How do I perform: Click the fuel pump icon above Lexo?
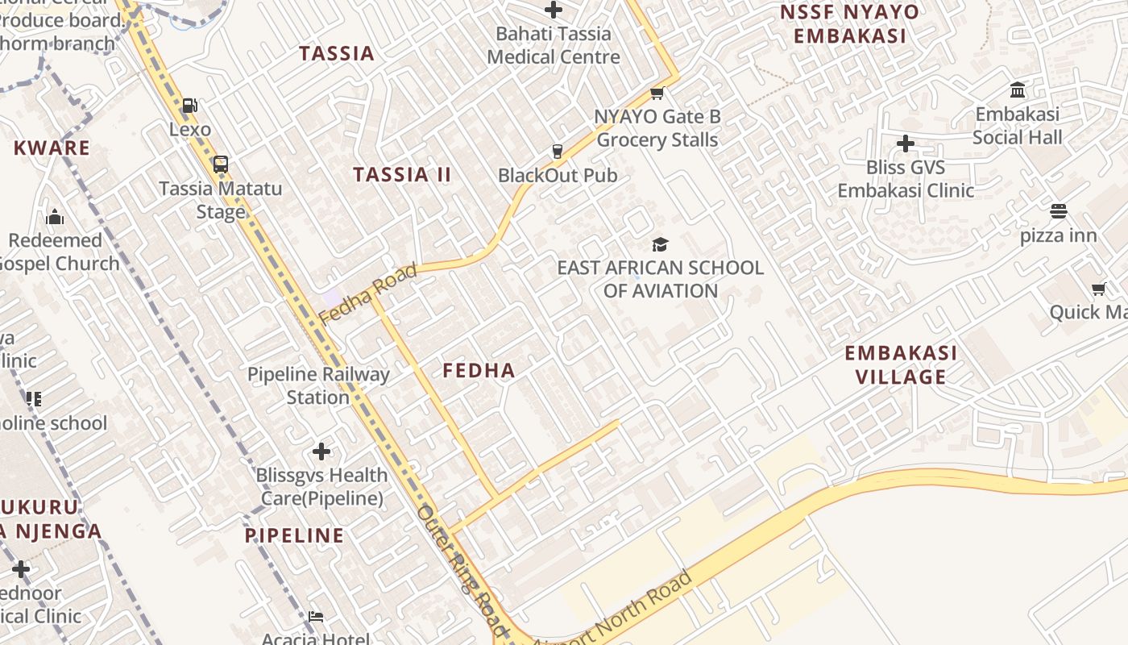tap(190, 106)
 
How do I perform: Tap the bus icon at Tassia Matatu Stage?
tap(220, 164)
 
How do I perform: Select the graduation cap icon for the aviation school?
tap(660, 244)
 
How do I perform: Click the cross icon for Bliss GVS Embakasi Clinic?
tap(906, 144)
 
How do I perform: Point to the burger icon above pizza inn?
tap(1059, 211)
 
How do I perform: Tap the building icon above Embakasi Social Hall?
tap(1018, 89)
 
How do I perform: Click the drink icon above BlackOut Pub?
tap(557, 151)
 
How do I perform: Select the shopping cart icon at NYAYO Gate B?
tap(657, 94)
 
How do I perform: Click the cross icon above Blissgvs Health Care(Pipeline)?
tap(321, 451)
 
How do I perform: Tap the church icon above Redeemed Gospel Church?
tap(55, 217)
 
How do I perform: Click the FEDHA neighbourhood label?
tap(479, 370)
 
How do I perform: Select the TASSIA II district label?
tap(402, 174)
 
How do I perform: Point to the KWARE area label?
tap(52, 148)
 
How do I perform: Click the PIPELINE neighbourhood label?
tap(294, 535)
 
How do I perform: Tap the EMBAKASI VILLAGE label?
tap(901, 364)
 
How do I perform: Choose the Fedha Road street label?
tap(369, 293)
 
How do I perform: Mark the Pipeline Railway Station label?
tap(318, 385)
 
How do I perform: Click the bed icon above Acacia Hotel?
tap(316, 617)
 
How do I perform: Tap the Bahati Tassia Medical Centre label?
tap(554, 45)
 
